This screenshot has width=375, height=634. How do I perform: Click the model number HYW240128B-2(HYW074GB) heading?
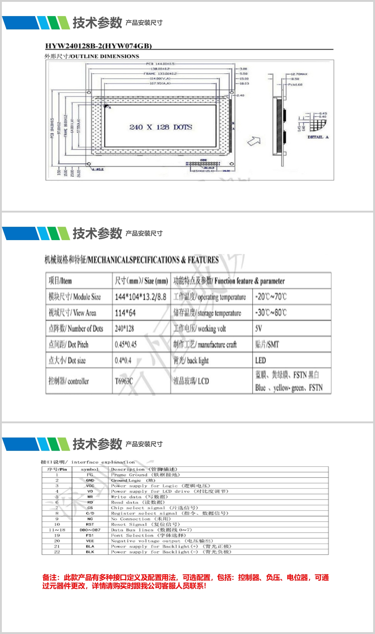pos(98,46)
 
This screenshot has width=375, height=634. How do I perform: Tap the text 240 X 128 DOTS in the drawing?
pos(161,127)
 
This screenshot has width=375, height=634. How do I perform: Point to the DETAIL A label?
pos(318,137)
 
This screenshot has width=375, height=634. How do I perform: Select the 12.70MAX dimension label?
pos(299,74)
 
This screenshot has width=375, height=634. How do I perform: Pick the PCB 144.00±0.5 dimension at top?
pos(160,64)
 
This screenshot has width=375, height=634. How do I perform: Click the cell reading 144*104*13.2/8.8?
pos(140,297)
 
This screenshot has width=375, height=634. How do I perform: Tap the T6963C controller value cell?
pos(124,381)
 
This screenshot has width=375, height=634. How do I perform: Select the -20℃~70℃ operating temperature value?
pos(271,297)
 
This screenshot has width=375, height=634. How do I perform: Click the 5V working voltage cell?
pos(259,329)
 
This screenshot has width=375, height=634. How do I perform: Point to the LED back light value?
pos(261,360)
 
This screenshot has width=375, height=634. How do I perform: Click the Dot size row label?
pos(67,360)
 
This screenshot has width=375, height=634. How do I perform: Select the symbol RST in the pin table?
pos(90,524)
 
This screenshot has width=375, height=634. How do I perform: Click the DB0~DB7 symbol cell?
pos(90,530)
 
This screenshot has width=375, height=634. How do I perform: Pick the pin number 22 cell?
pos(57,552)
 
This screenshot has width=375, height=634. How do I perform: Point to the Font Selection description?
pos(149,536)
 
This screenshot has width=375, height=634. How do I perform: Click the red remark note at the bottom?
pos(185,582)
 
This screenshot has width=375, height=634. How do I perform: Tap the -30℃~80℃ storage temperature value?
pos(271,313)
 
